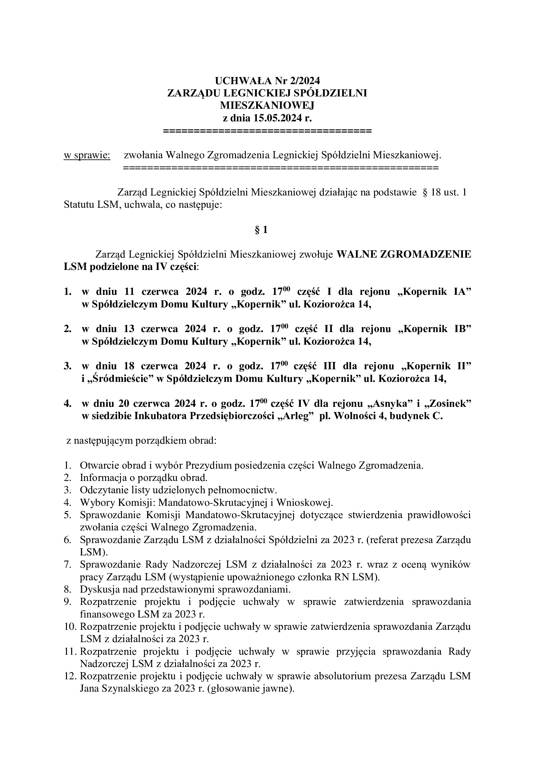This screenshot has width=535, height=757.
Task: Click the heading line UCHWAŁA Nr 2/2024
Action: tap(267, 81)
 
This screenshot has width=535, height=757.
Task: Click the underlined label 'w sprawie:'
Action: tap(87, 155)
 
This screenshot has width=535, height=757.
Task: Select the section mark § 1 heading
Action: tap(261, 230)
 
